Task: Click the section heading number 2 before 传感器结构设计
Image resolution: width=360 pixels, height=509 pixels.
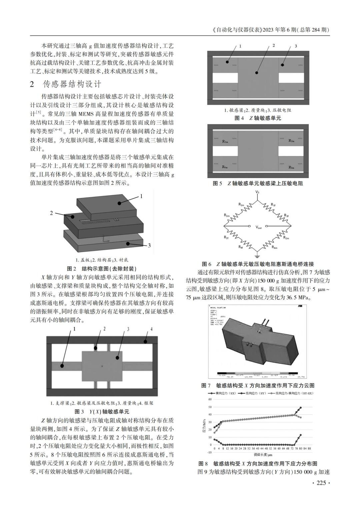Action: (x=32, y=84)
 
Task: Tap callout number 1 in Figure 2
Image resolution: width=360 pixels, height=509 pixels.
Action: (x=141, y=196)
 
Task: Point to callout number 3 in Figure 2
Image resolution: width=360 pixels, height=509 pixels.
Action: (x=149, y=246)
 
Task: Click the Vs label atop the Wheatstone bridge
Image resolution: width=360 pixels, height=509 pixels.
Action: (x=257, y=192)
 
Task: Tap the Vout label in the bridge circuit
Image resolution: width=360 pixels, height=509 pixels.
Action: (x=259, y=227)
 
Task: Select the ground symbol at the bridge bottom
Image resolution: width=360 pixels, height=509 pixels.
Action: (x=257, y=256)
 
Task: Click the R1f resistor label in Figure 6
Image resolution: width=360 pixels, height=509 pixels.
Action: (x=273, y=204)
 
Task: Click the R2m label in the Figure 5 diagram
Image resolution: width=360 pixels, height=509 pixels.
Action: (x=291, y=141)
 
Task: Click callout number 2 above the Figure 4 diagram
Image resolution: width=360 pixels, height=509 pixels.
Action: (x=273, y=45)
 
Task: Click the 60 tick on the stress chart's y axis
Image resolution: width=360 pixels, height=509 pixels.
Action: (x=210, y=399)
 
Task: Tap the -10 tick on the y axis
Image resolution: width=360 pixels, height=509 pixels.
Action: (x=209, y=452)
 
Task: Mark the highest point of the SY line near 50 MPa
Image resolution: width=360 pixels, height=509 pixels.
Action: (x=301, y=408)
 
